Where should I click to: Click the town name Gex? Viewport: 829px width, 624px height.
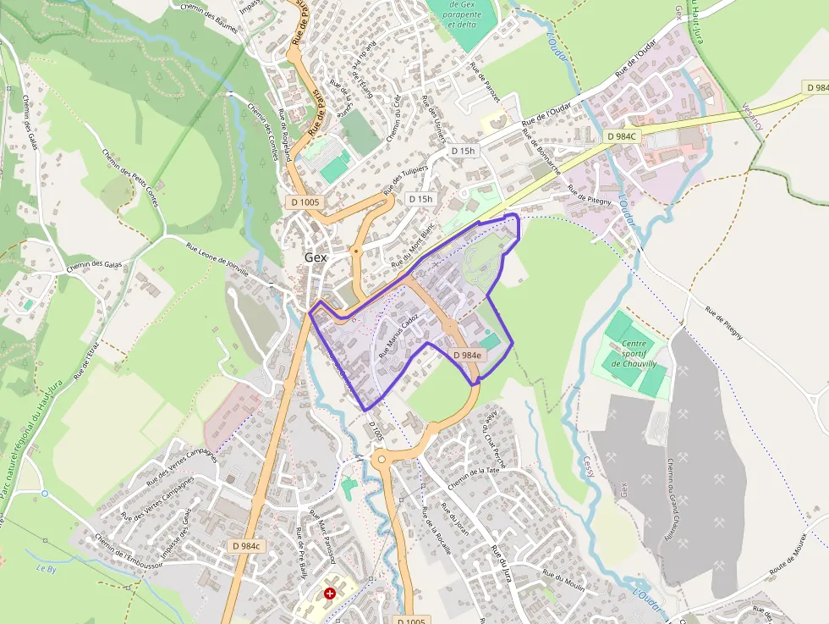click(x=316, y=257)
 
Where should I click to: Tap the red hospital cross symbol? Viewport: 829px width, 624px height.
click(x=330, y=594)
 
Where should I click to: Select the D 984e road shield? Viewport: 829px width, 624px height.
click(x=467, y=356)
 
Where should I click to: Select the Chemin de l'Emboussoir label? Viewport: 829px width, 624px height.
click(x=122, y=555)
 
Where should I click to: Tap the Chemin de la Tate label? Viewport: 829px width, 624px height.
click(x=475, y=476)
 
